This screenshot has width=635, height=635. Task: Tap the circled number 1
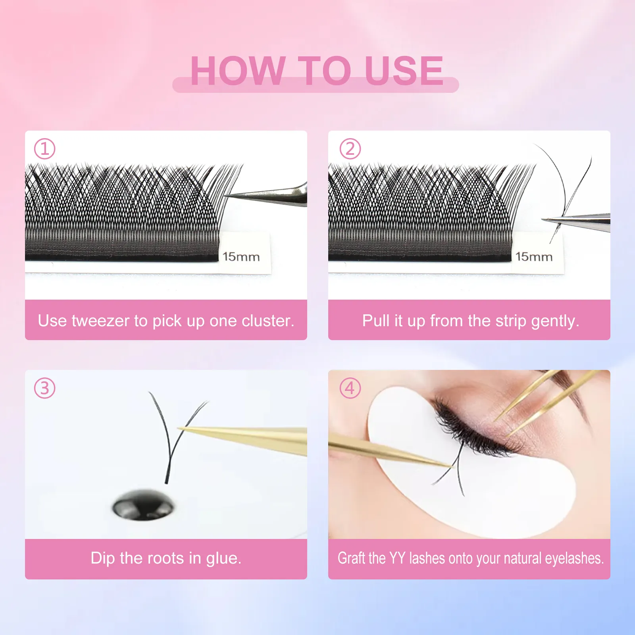(44, 149)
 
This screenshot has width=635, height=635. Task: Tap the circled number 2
(350, 149)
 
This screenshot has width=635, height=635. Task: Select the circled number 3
(44, 388)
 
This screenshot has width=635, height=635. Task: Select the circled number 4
(350, 388)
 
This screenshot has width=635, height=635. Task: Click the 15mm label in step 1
(241, 257)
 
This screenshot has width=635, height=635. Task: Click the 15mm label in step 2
(534, 257)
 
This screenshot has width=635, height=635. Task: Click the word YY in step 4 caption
(397, 558)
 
